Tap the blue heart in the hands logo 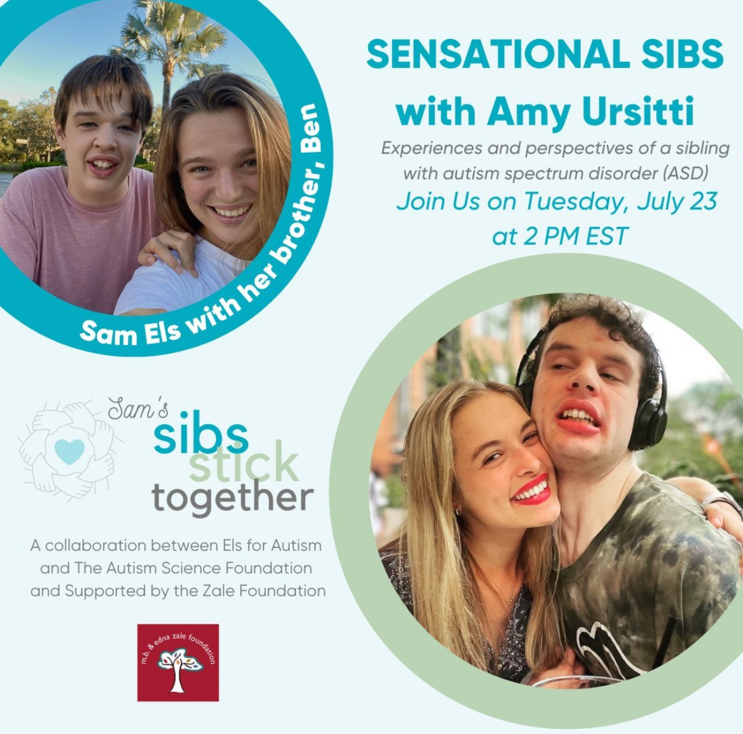tap(69, 451)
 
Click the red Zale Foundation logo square tap(178, 662)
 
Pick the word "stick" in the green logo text tap(244, 461)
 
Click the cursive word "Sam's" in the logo tap(138, 408)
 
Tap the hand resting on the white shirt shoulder tap(169, 250)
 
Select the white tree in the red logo tap(178, 668)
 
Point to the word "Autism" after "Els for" tap(296, 546)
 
